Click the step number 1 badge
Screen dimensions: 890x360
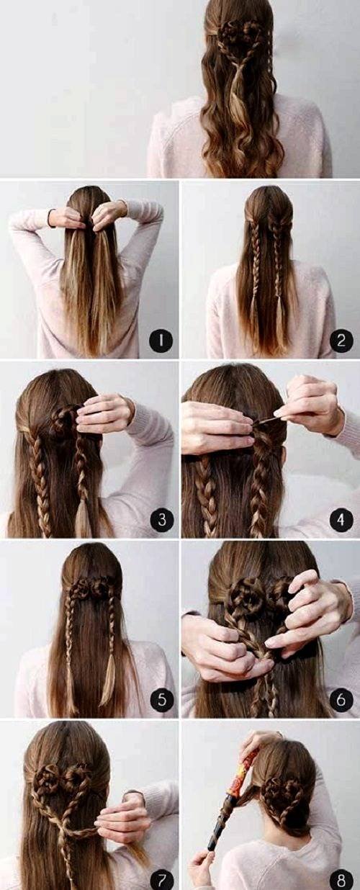coord(161,341)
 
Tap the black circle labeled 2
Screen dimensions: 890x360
coord(341,341)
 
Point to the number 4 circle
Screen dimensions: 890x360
coord(341,519)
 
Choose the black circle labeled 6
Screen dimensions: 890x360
coord(341,699)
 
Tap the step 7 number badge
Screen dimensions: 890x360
coord(161,878)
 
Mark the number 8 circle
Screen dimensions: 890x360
coord(341,878)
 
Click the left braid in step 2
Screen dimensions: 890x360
coord(255,274)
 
